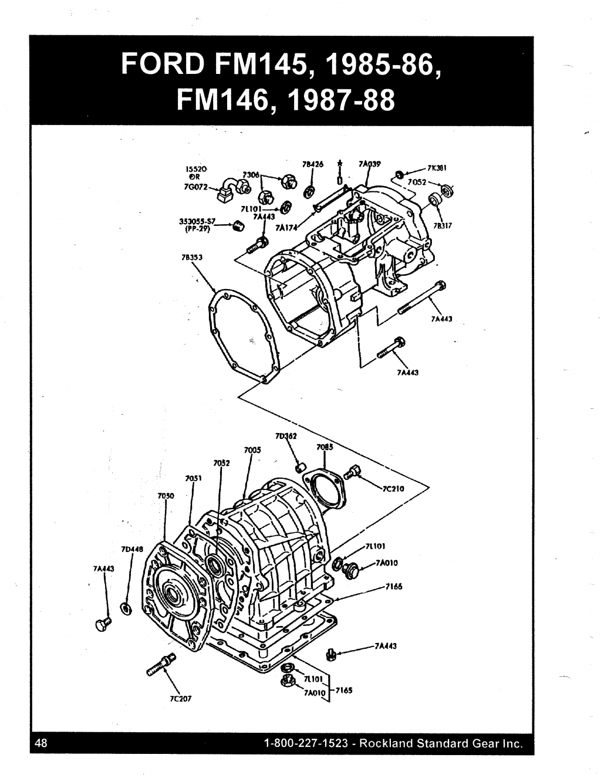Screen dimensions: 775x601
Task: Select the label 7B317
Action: pos(442,224)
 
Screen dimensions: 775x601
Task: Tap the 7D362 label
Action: pos(284,436)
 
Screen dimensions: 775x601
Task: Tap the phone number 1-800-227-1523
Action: pos(308,743)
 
